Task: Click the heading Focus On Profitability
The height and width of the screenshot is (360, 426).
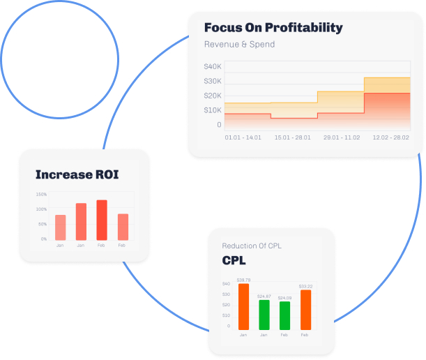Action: (x=273, y=28)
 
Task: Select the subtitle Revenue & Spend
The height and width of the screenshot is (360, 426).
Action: (x=239, y=45)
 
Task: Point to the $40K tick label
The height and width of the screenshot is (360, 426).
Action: (x=213, y=67)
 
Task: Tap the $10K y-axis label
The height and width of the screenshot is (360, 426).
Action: (x=213, y=110)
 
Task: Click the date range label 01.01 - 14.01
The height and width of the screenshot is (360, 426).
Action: (x=243, y=138)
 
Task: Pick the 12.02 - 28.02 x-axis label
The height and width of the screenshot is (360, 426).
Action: (x=390, y=138)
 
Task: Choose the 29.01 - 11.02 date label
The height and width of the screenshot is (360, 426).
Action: (x=342, y=138)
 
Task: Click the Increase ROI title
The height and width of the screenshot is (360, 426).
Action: (x=77, y=174)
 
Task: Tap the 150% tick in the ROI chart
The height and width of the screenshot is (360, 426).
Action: (x=41, y=195)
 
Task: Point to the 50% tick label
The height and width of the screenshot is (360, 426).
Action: (x=43, y=224)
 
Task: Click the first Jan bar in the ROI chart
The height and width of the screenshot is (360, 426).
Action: (x=61, y=227)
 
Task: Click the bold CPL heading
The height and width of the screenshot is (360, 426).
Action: (x=234, y=261)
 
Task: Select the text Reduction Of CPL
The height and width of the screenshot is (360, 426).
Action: (x=252, y=246)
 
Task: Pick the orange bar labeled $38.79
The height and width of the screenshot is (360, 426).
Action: (x=243, y=306)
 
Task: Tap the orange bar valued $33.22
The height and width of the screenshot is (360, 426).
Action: (x=305, y=310)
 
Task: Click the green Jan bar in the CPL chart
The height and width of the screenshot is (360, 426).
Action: (x=264, y=315)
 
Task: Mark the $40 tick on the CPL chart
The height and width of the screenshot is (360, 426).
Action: (x=226, y=284)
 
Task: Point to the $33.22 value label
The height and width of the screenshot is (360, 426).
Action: (x=305, y=287)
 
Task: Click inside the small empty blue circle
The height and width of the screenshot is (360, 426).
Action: (x=59, y=59)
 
